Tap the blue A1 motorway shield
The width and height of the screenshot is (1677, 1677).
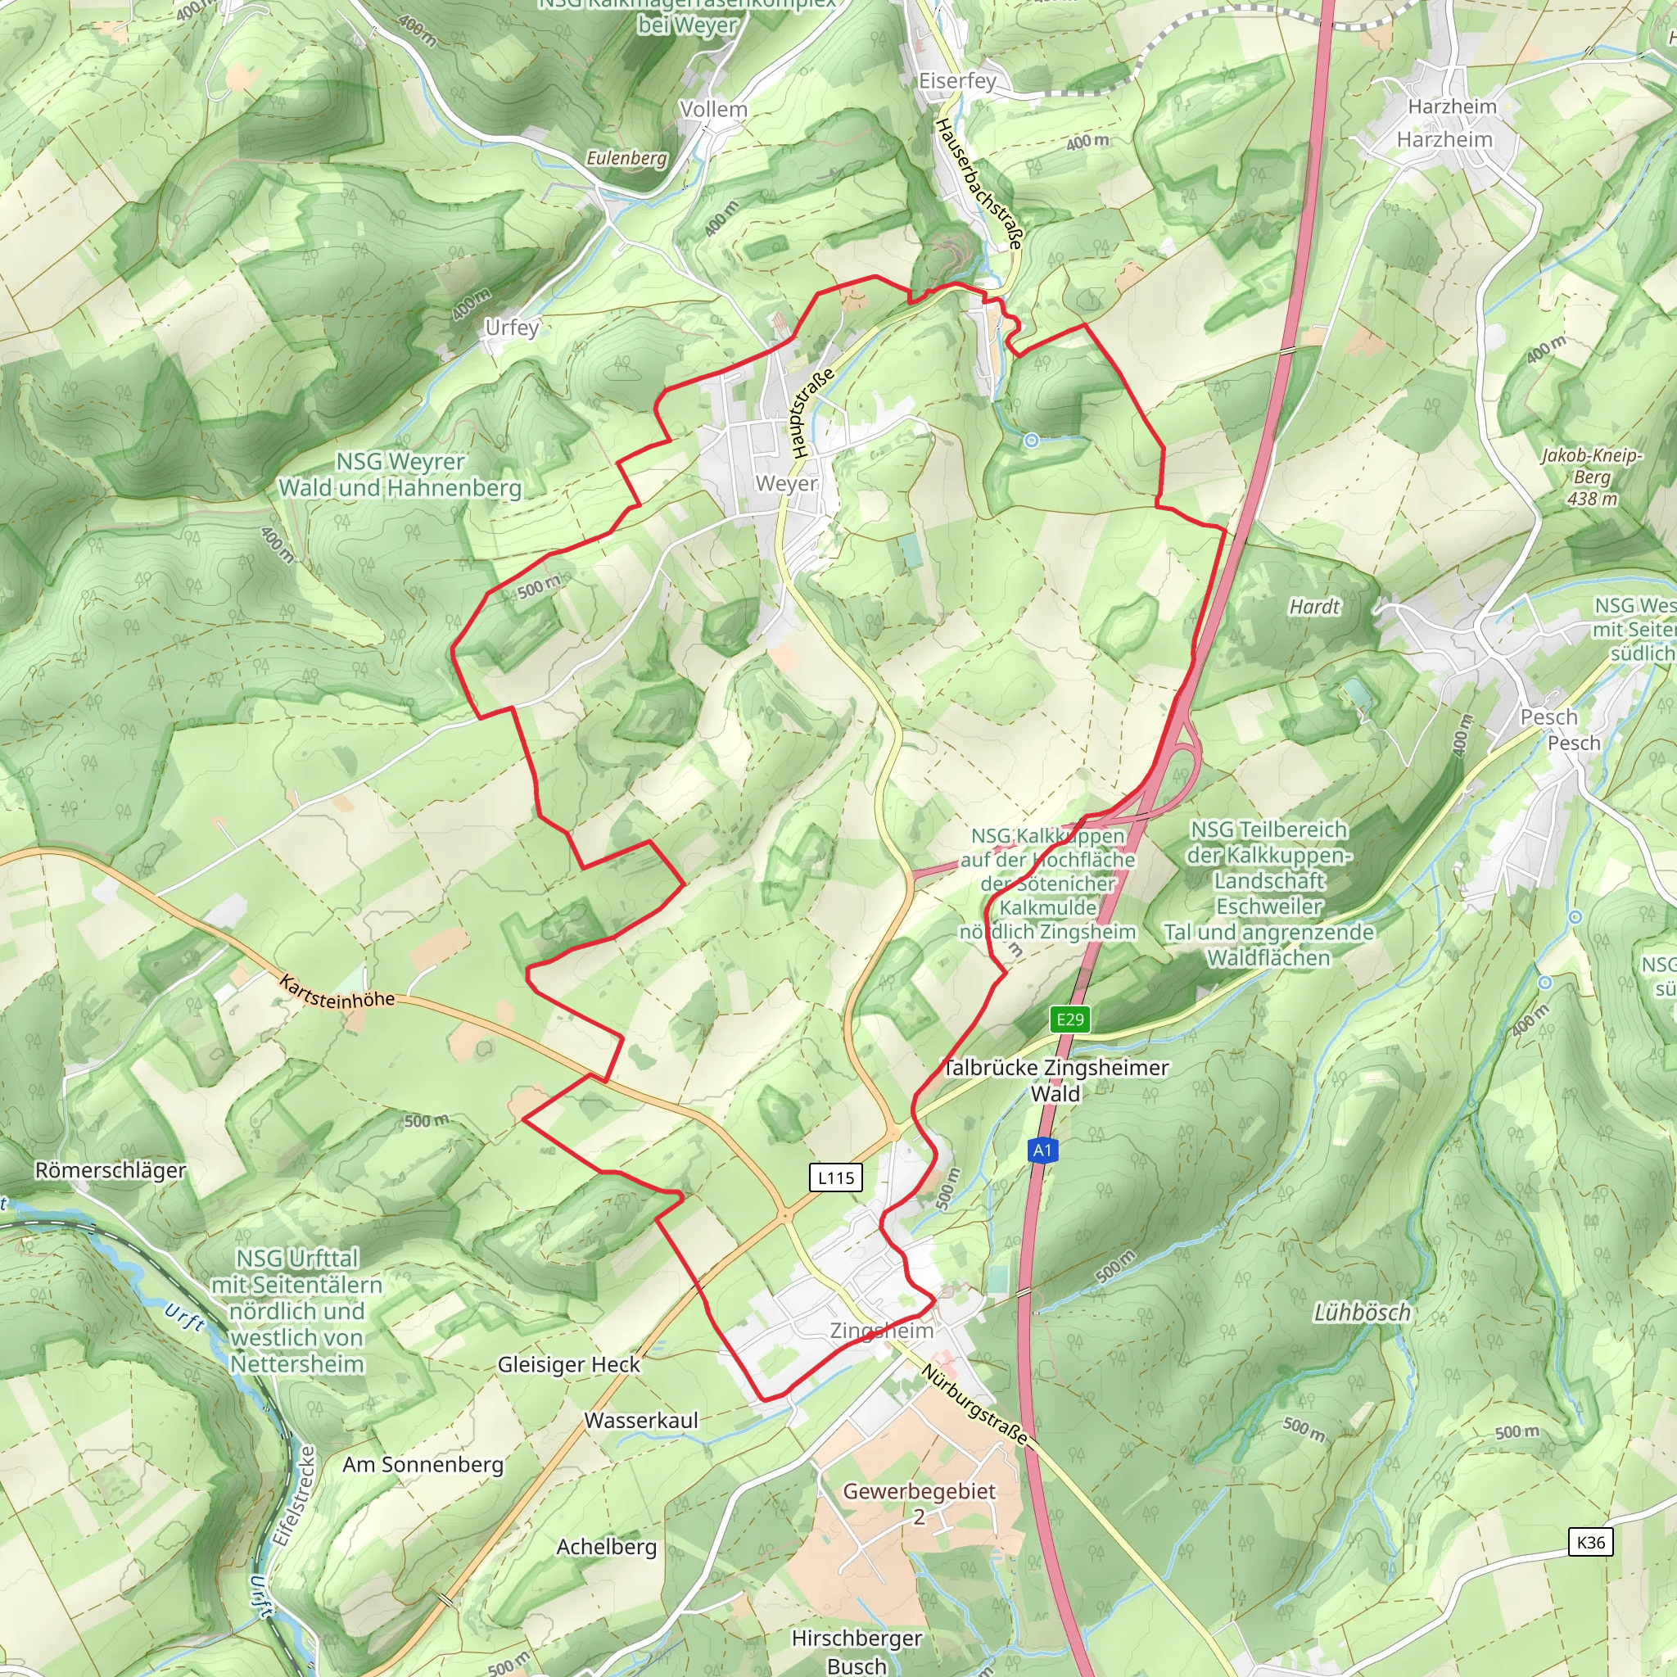coord(1042,1151)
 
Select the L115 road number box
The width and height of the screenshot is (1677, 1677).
coord(835,1178)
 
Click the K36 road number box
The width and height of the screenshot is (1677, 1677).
coord(1590,1542)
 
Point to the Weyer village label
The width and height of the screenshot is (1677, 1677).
coord(786,483)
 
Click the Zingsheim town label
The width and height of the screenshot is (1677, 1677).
coord(881,1331)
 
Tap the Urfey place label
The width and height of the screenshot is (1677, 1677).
coord(512,328)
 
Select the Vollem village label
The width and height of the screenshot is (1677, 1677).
coord(713,110)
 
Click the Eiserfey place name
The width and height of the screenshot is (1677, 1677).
coord(957,81)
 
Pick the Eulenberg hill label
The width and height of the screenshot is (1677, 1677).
coord(626,158)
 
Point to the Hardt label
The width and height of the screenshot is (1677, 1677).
coord(1314,607)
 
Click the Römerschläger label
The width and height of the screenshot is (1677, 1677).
coord(111,1170)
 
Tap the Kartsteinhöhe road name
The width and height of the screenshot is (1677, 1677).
coord(337,992)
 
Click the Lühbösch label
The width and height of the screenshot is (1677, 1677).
coord(1362,1313)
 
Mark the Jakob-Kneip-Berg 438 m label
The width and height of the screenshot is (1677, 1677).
coord(1592,477)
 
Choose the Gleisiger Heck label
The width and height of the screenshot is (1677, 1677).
coord(568,1364)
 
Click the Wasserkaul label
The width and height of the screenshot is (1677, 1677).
coord(640,1420)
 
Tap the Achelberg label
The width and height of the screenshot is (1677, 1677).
coord(606,1547)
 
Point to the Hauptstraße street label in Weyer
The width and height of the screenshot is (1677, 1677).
coord(812,414)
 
